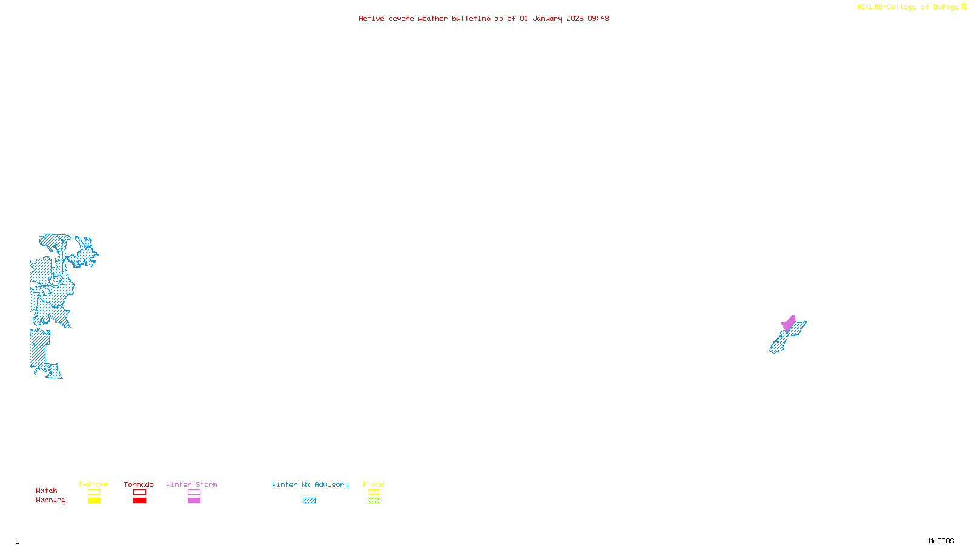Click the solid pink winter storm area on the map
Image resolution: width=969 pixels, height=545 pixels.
[x=788, y=323]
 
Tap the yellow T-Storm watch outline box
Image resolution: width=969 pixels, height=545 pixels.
[x=94, y=492]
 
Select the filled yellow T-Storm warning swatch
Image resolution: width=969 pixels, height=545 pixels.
[x=94, y=501]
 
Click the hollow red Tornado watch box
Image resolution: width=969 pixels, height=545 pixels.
[x=139, y=492]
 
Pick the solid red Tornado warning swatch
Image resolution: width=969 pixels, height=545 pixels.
[x=139, y=501]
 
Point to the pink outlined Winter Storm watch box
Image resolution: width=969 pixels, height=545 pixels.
[x=194, y=492]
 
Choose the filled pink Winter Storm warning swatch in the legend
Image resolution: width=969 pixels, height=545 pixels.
[x=194, y=501]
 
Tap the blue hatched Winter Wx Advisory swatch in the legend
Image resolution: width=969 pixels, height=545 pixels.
[x=309, y=501]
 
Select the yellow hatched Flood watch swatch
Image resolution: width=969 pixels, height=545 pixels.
[x=374, y=492]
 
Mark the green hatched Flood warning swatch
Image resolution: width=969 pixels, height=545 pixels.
[x=374, y=501]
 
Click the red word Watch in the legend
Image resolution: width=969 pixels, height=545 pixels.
[x=47, y=491]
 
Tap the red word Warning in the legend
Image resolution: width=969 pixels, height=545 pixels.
[x=50, y=500]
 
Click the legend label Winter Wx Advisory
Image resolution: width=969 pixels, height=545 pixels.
[x=310, y=484]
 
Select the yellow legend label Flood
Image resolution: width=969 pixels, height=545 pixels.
[x=374, y=484]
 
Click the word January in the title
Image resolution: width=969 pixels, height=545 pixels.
[x=547, y=18]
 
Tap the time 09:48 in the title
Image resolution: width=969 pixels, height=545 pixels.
[x=598, y=18]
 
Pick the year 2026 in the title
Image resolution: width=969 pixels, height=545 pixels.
[x=575, y=18]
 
